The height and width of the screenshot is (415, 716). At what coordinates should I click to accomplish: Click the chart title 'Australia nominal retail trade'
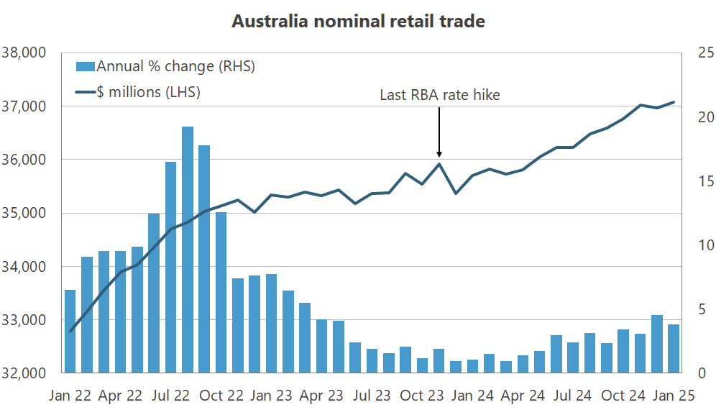(x=358, y=22)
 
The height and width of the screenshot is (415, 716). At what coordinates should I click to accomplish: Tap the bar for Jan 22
(x=70, y=331)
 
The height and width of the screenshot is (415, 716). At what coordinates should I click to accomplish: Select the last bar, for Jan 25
(x=674, y=349)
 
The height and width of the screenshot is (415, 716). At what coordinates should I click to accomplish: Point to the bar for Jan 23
(x=272, y=324)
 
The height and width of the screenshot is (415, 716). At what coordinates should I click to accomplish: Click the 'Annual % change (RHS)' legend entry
(x=165, y=67)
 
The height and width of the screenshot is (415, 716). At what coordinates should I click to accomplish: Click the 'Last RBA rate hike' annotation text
(x=439, y=95)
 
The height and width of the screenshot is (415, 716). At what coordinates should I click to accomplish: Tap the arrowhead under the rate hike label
(x=439, y=153)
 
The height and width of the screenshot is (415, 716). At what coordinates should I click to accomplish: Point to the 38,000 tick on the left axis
(x=24, y=53)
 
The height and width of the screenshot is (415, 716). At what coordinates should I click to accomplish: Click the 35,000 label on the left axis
(x=24, y=213)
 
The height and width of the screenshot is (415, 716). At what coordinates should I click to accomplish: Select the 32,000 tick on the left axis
(x=24, y=373)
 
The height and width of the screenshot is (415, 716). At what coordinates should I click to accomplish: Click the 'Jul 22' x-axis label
(x=171, y=395)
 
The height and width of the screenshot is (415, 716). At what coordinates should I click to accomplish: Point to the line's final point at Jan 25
(x=674, y=102)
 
